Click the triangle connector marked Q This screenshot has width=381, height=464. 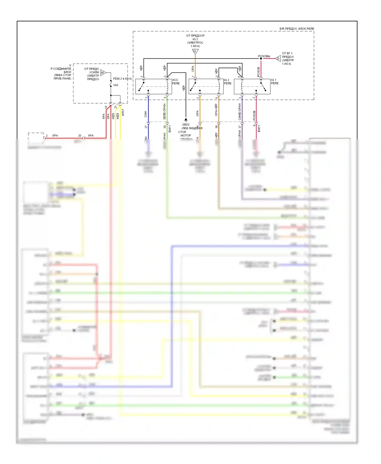click(x=195, y=52)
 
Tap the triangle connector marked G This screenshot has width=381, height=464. click(x=278, y=59)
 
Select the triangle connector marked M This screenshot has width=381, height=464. click(x=103, y=73)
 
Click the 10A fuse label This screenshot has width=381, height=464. click(x=116, y=85)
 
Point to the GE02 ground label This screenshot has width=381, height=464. click(x=186, y=125)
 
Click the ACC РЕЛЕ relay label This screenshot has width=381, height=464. click(x=176, y=82)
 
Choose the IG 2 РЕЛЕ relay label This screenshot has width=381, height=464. click(x=228, y=82)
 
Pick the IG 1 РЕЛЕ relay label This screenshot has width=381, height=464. click(x=275, y=82)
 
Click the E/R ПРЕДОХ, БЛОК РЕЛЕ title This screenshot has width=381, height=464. click(x=297, y=29)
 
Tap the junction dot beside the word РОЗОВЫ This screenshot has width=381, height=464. click(x=261, y=59)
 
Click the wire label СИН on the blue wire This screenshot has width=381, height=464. click(x=146, y=114)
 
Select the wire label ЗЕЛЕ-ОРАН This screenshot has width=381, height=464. click(x=165, y=112)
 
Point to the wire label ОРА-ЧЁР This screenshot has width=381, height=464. click(x=216, y=110)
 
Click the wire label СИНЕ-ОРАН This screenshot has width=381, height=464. click(x=240, y=112)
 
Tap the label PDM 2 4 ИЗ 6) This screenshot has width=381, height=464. click(x=122, y=79)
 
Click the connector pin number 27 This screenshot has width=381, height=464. click(x=146, y=127)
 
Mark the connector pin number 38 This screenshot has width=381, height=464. click(x=165, y=127)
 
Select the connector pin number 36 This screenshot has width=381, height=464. click(x=216, y=127)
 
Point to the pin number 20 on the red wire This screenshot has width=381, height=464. click(x=80, y=136)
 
